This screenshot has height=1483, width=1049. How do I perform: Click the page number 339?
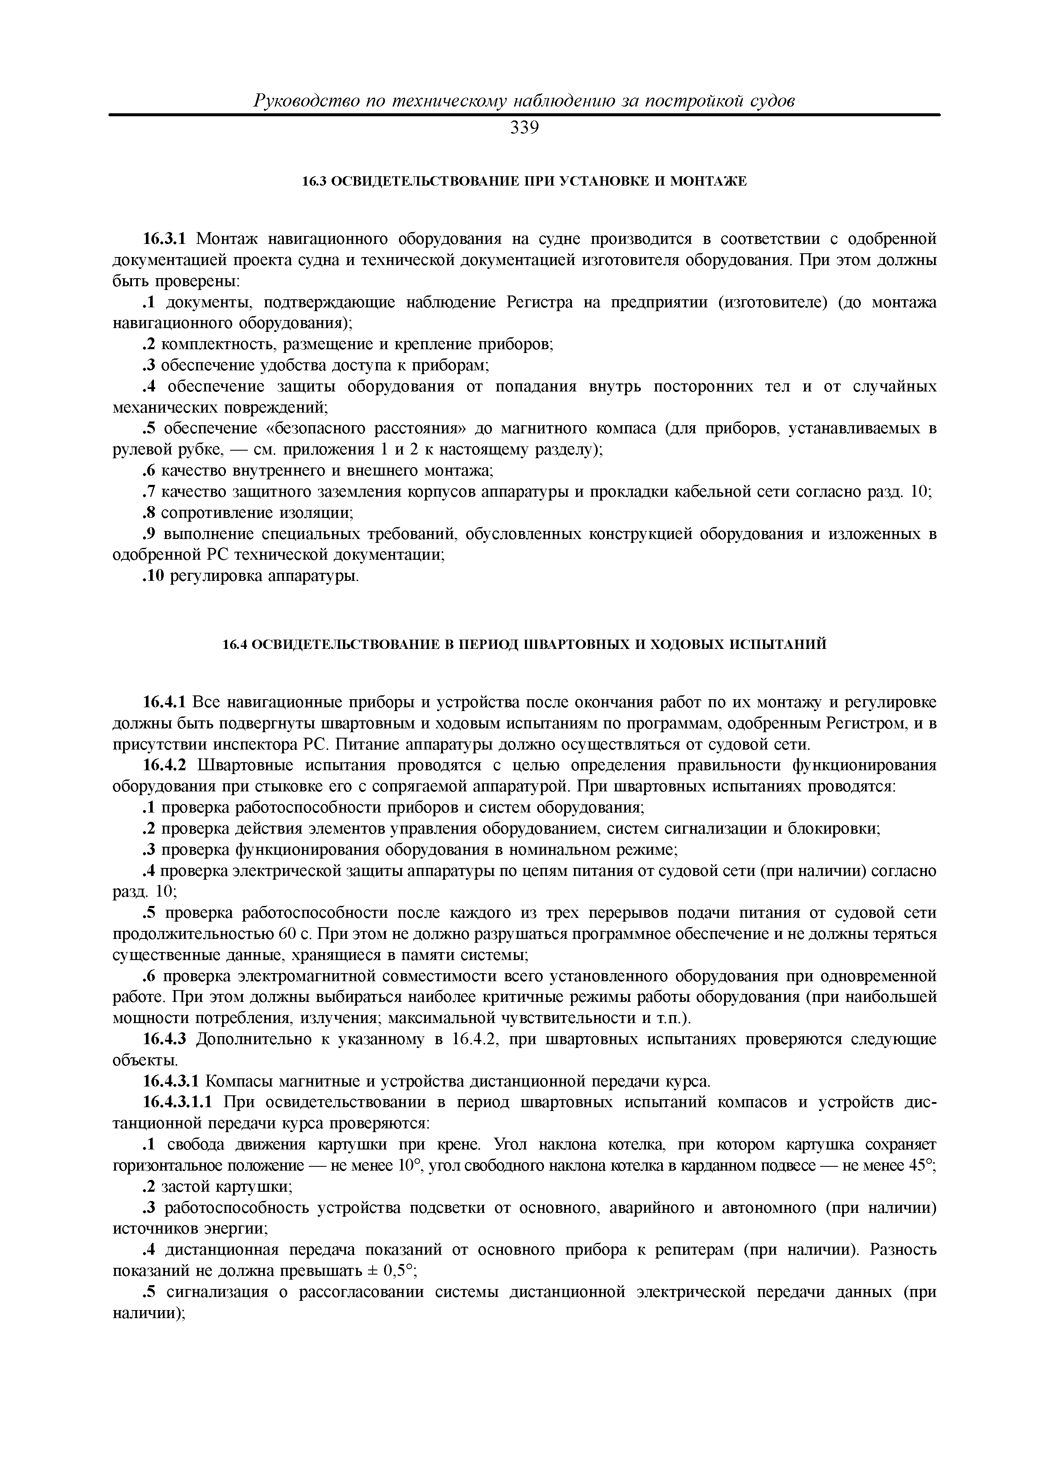click(524, 129)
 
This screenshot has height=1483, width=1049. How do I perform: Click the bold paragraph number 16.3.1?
click(164, 240)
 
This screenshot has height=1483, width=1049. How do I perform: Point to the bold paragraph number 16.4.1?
click(164, 702)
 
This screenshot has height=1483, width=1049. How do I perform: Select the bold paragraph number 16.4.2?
click(164, 766)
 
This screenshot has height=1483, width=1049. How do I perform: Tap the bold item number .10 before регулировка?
click(154, 575)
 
